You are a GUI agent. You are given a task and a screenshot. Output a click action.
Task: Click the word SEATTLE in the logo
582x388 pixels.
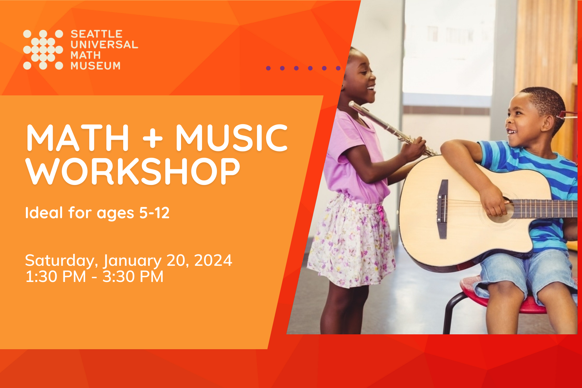tap(96, 34)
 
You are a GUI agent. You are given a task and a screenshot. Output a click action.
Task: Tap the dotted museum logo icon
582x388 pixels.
tap(43, 50)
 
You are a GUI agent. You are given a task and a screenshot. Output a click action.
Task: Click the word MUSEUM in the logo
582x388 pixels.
tap(95, 66)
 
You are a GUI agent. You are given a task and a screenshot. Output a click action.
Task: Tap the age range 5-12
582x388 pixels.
tap(154, 213)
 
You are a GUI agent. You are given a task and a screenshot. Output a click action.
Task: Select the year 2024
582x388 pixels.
tap(213, 261)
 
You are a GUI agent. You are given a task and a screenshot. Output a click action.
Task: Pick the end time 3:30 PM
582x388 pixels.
tap(133, 277)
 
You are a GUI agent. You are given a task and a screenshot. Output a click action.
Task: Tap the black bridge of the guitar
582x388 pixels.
tap(442, 209)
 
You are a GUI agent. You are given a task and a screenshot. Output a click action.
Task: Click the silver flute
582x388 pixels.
tap(388, 126)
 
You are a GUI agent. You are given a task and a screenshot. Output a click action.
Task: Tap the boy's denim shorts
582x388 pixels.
tap(524, 272)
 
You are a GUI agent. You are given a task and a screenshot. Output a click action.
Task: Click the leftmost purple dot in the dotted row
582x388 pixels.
tap(268, 68)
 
